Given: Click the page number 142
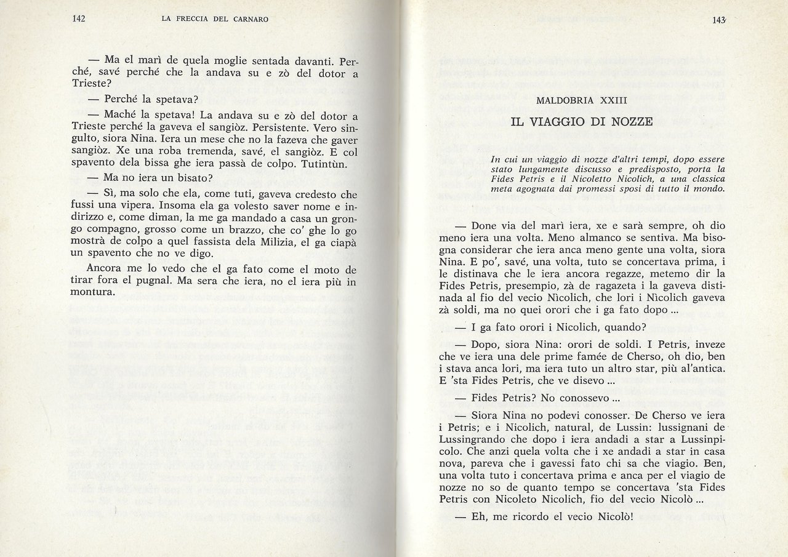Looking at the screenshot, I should coord(78,18).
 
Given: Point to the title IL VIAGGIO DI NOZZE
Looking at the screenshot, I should coord(581,121).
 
